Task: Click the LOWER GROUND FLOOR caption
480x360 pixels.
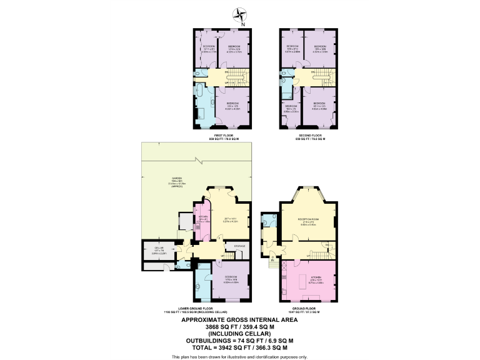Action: point(195,309)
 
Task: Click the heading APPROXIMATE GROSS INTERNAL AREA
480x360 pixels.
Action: point(239,319)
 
